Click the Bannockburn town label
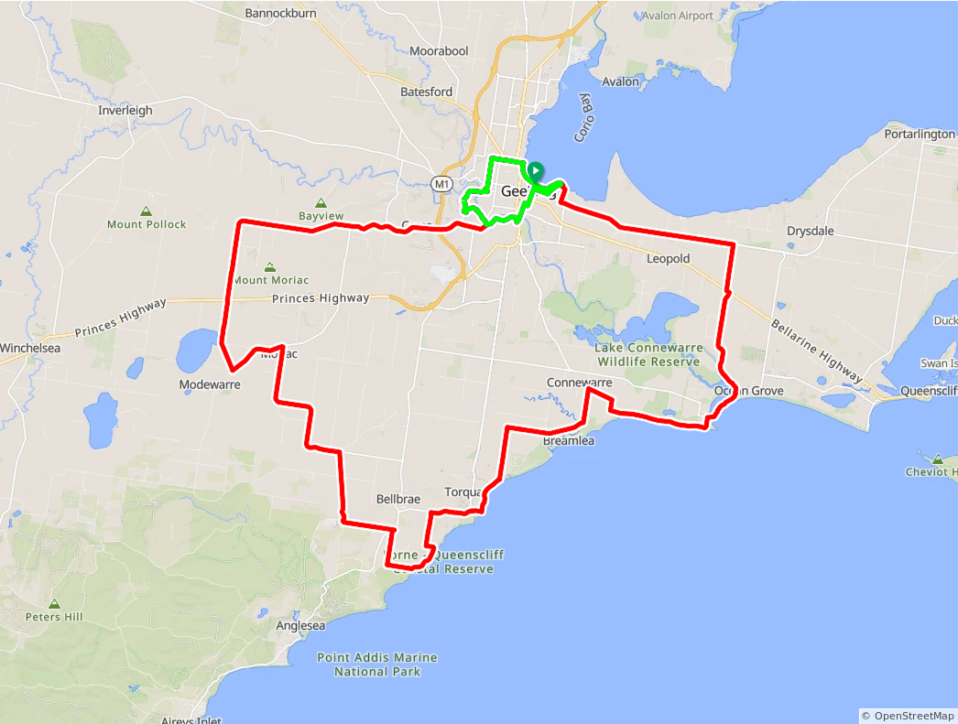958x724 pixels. click(x=280, y=14)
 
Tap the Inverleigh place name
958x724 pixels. click(x=125, y=111)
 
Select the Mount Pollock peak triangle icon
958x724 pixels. click(x=147, y=211)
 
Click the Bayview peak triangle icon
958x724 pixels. click(x=321, y=203)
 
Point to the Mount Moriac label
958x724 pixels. click(x=271, y=280)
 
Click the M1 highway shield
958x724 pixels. click(x=443, y=184)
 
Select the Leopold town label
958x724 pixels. click(x=668, y=259)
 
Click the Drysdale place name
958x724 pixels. click(x=811, y=231)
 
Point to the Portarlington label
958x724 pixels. click(x=920, y=135)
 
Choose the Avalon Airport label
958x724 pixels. click(x=677, y=16)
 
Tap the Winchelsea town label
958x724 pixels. click(x=30, y=349)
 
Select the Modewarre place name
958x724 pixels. click(x=210, y=385)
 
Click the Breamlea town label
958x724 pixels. click(x=569, y=441)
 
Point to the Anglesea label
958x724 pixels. click(x=300, y=626)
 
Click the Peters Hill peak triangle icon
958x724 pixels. click(x=55, y=604)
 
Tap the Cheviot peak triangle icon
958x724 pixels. click(x=939, y=459)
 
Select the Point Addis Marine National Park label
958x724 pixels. click(x=377, y=665)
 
